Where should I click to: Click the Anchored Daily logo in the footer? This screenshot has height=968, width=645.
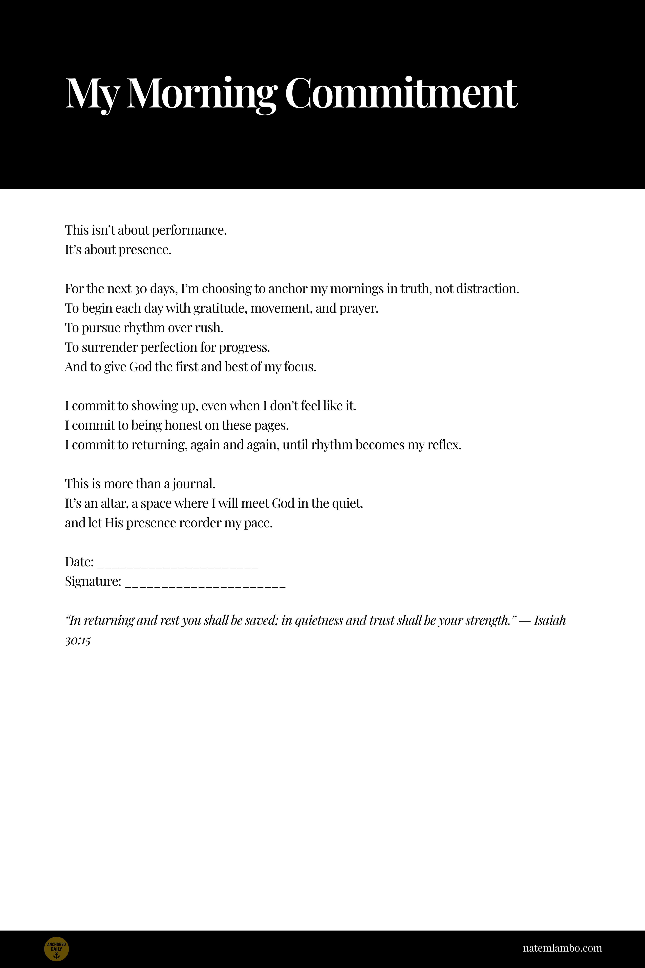[56, 949]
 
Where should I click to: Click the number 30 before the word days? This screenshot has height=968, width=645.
[140, 289]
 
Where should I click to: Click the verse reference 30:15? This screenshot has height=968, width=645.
[77, 641]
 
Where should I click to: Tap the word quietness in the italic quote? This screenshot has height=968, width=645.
[319, 620]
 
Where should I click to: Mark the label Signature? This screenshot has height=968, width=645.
[93, 582]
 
